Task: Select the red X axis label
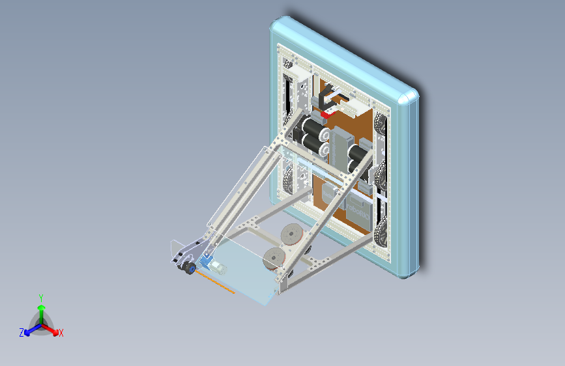[61, 333]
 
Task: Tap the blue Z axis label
[22, 333]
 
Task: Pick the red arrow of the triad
[51, 328]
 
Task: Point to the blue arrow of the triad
[31, 330]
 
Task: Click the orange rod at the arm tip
[215, 283]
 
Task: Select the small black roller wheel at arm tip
[189, 269]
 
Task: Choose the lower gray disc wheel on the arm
[274, 257]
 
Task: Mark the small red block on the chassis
[325, 115]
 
